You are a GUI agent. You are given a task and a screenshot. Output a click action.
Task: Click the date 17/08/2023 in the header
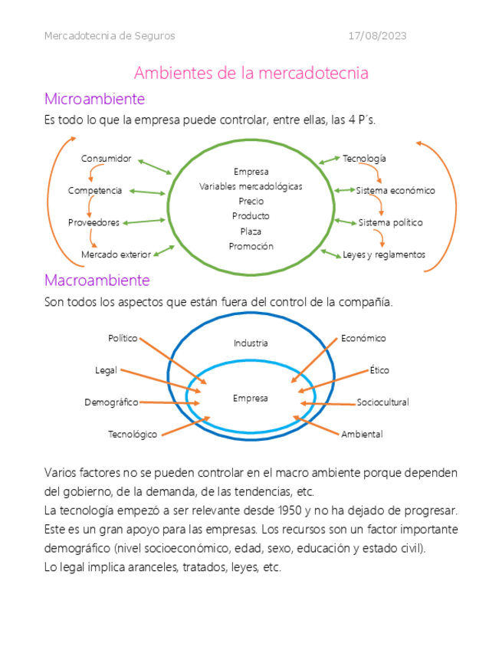tap(377, 36)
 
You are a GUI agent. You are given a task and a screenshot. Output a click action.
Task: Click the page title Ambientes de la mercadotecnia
tap(251, 73)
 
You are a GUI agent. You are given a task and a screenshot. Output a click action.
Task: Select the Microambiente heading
tap(94, 99)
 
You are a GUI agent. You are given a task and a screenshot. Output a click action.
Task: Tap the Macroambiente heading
tap(97, 281)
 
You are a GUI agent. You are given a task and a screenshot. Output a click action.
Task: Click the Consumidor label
tap(107, 159)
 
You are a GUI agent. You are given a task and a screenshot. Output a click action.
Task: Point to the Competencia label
tap(95, 190)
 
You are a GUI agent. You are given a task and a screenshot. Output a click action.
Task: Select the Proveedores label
tap(94, 222)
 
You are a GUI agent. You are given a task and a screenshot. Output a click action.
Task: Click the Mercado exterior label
tap(116, 254)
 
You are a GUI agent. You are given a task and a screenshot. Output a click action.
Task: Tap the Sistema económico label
tap(395, 190)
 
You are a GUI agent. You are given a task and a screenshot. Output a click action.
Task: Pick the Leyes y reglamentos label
tap(383, 254)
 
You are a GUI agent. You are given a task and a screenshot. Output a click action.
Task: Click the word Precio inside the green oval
tap(251, 201)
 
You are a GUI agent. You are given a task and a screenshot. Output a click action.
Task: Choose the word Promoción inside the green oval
tap(251, 246)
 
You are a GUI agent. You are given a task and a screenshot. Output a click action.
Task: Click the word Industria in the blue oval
tap(251, 343)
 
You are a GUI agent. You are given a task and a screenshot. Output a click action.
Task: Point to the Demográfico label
tap(111, 402)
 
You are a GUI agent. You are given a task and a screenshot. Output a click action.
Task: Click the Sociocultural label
tap(382, 402)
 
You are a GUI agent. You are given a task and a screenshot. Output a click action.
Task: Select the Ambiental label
tap(362, 435)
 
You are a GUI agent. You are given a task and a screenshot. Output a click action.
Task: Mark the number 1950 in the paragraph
tap(287, 510)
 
